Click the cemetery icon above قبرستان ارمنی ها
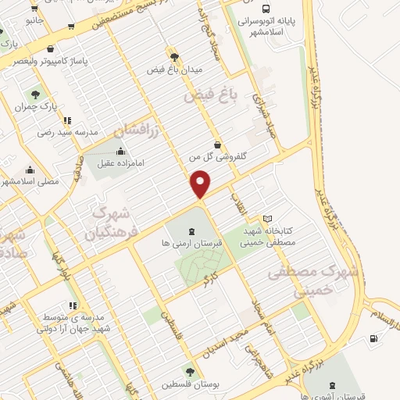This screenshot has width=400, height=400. (x=191, y=230)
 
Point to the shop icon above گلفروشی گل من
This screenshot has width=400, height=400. (x=217, y=145)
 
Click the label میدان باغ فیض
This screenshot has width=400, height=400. (x=175, y=69)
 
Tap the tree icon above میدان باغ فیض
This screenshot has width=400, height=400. (x=173, y=57)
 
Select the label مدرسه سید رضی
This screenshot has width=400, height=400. (x=70, y=132)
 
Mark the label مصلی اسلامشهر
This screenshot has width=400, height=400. (x=32, y=181)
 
